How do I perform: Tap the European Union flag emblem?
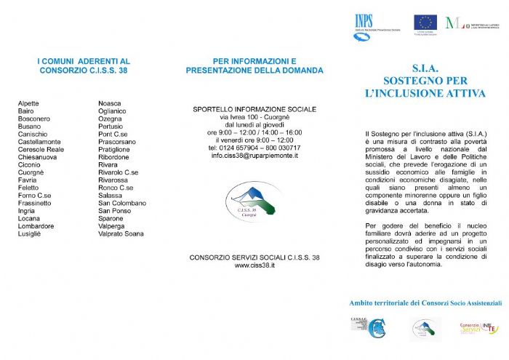point(425,22)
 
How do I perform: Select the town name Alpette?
point(29,103)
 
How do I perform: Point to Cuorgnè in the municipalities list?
point(31,172)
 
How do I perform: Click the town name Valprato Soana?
point(121,233)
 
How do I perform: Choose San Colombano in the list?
point(122,203)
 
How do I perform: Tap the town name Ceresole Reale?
point(41,149)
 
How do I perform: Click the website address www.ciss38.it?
point(254,266)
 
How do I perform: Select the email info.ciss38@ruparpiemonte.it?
point(254,156)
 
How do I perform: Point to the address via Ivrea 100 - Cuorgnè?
point(254,116)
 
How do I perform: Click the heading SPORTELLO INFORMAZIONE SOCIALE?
point(254,109)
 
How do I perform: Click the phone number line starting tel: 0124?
point(254,148)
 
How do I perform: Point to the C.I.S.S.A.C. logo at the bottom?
point(367,328)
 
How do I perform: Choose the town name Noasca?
point(110,103)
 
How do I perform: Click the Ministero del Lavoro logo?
point(476,23)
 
